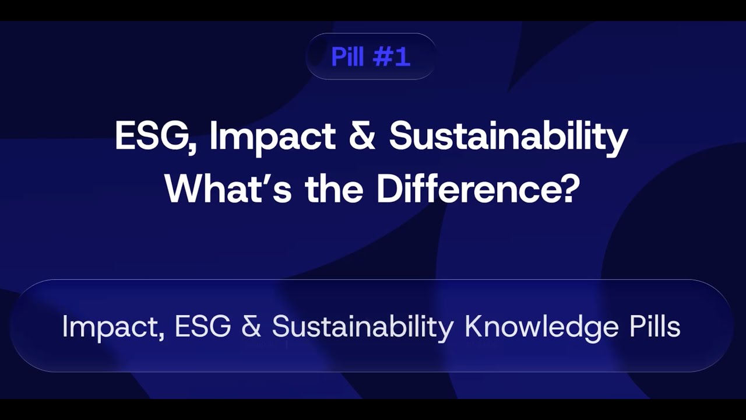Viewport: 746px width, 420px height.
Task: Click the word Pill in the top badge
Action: pos(347,57)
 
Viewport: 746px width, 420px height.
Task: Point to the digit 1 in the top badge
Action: pos(403,57)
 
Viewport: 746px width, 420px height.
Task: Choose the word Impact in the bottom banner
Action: pos(110,327)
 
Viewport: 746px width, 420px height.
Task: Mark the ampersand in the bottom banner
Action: pos(251,326)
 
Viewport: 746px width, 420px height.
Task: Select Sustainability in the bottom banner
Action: pos(362,327)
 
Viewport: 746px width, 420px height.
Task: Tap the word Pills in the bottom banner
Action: pos(654,326)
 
